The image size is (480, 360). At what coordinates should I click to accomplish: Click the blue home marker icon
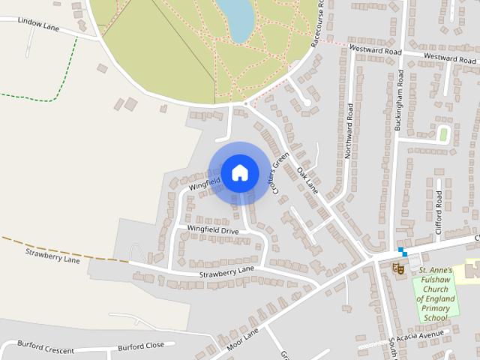239,172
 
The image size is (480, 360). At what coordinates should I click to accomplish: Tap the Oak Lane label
307,181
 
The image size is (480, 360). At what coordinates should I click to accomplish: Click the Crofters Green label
280,175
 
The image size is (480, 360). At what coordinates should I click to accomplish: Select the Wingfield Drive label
212,230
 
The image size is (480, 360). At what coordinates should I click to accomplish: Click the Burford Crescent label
46,350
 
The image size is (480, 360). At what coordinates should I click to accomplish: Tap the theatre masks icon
399,267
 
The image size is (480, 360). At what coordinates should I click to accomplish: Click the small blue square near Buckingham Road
402,250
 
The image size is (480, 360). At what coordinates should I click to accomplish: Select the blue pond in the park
238,18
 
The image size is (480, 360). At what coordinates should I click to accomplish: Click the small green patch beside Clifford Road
443,135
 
